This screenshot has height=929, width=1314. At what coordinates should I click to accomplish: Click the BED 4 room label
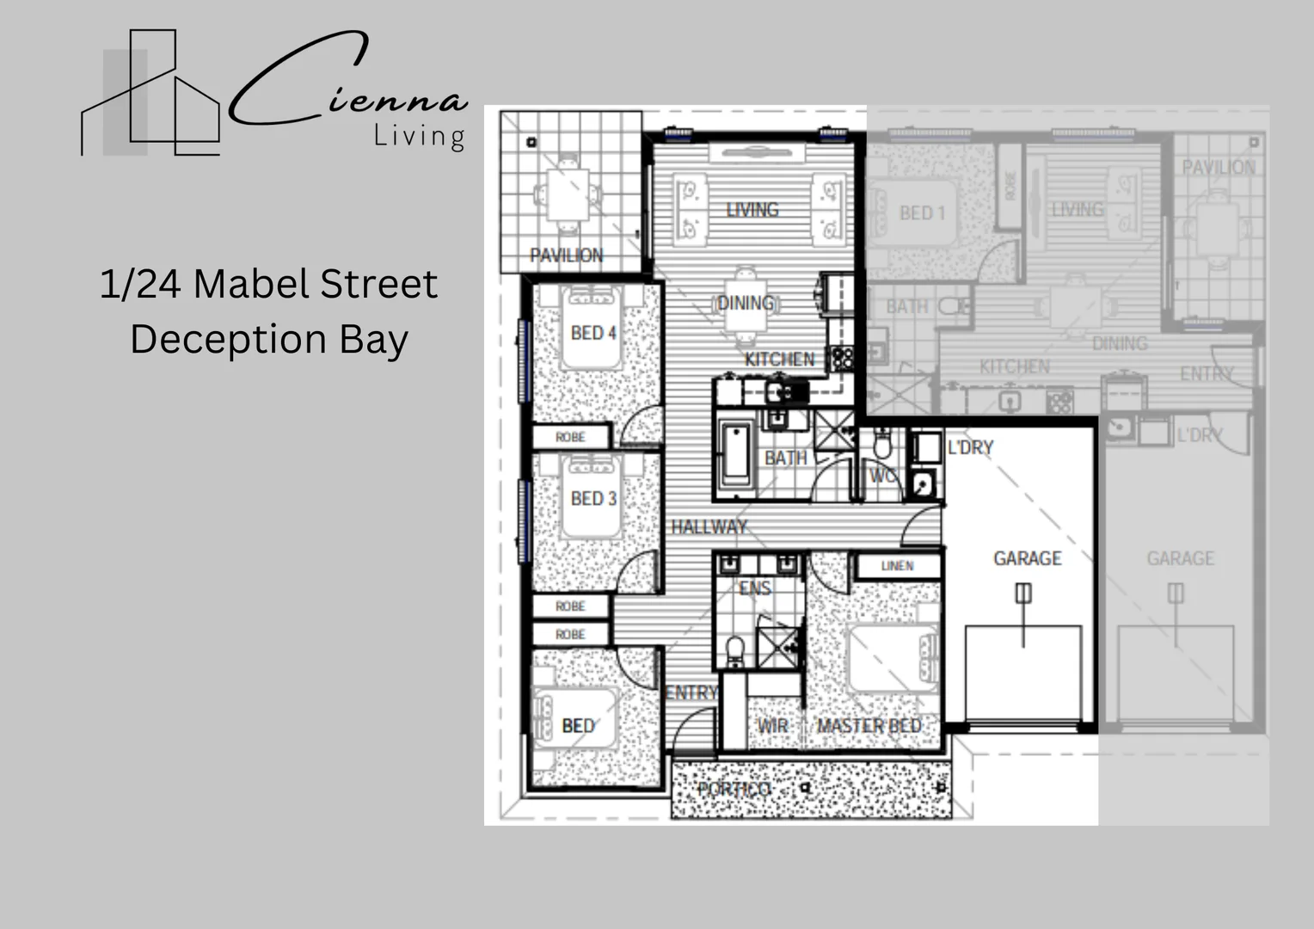coord(593,333)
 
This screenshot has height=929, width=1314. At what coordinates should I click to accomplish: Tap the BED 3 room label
coord(593,499)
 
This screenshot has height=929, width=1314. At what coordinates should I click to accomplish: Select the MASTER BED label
coord(869,726)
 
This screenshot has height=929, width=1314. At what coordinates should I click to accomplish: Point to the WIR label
coord(772,726)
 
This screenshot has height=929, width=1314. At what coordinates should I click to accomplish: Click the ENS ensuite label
coord(754,588)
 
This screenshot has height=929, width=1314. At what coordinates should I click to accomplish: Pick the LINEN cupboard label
coord(897,566)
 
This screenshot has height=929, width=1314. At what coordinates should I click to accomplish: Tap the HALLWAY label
coord(709,526)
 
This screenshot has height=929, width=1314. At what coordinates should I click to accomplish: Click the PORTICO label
coord(734,789)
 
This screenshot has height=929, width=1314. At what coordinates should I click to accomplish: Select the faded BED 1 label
coord(922,213)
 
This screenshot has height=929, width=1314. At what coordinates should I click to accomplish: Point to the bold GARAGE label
coord(1027,558)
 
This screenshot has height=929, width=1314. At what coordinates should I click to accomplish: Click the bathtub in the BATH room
coord(736,454)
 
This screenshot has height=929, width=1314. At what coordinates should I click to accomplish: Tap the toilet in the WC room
coord(882,444)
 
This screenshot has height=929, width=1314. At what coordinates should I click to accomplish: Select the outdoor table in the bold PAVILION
coord(568,194)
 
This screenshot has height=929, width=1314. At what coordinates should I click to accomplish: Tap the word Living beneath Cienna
coord(420,136)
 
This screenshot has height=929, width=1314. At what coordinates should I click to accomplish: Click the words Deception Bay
coord(269,339)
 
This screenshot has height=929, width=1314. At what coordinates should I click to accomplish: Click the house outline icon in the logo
coord(151,95)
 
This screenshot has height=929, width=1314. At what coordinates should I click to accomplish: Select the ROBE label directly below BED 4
coord(570,437)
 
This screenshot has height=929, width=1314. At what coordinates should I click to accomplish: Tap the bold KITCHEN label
coord(779,359)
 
